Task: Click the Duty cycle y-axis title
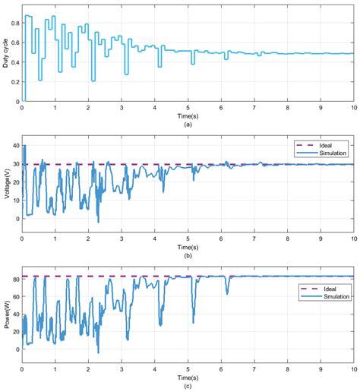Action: [5, 53]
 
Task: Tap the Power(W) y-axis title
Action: [7, 314]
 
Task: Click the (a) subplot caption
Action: [188, 125]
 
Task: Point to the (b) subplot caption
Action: [188, 255]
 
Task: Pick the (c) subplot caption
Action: [188, 386]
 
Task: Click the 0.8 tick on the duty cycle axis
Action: [15, 23]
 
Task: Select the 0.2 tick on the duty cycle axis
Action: [15, 82]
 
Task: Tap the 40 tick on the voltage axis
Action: [17, 146]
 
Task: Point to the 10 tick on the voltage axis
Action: [17, 201]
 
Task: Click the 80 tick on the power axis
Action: [17, 280]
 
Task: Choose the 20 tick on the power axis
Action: [17, 332]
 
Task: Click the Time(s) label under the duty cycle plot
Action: [188, 116]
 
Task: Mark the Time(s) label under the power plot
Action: [188, 378]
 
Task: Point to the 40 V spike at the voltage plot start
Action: [24, 146]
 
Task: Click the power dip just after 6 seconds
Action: [227, 294]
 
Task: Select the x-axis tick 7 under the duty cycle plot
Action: [254, 108]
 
